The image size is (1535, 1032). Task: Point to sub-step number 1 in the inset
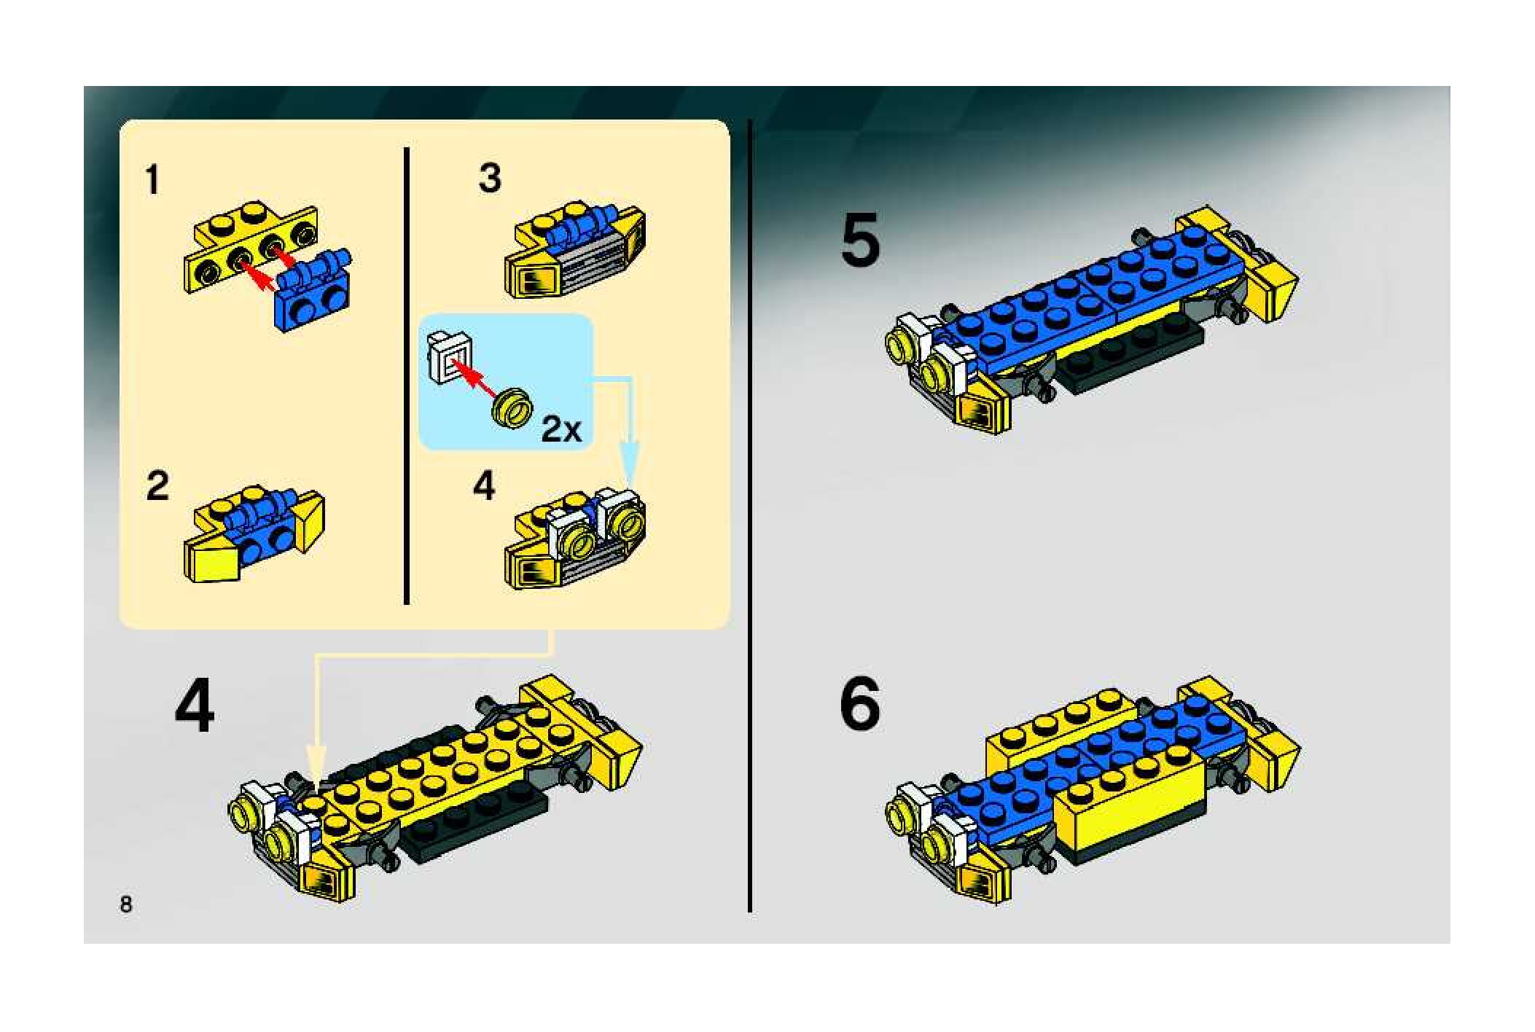(x=152, y=180)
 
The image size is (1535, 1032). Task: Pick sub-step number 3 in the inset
(x=490, y=179)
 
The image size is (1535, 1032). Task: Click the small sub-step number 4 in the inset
(x=484, y=485)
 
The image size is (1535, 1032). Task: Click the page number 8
(x=126, y=904)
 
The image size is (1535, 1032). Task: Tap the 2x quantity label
(x=561, y=430)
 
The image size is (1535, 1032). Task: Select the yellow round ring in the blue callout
(x=513, y=407)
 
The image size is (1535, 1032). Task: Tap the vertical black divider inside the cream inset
(x=407, y=376)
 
